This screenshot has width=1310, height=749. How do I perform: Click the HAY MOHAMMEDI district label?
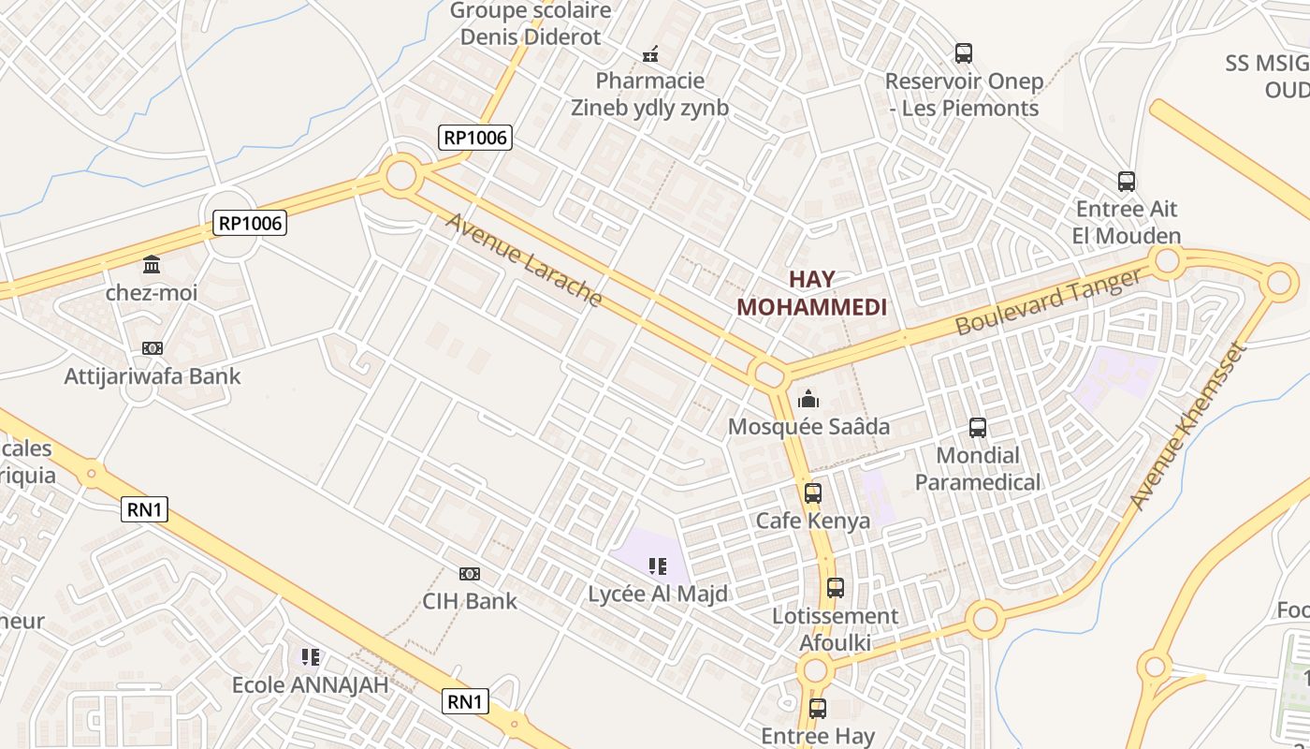coord(811,293)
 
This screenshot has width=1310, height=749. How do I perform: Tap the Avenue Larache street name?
coord(523,259)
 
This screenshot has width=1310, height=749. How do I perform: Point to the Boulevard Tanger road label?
coord(1049,301)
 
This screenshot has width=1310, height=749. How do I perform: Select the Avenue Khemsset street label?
coord(1187,427)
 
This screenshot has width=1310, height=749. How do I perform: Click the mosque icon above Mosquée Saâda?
coord(808,400)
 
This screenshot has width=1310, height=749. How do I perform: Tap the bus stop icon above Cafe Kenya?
coord(813,492)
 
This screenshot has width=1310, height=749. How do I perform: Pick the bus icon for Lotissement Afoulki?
coord(836,588)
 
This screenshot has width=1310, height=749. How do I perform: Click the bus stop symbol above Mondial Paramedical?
coord(978,428)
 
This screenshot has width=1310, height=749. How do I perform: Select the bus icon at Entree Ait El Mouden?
coord(1127,182)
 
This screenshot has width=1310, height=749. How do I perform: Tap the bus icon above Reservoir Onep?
coord(964,53)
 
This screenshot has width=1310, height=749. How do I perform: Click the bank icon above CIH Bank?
coord(470,573)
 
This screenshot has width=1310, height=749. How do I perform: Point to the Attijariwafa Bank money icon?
coord(153,348)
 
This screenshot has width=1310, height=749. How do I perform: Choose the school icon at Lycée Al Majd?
coord(658,565)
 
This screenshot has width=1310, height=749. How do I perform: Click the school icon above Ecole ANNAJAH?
coord(311,657)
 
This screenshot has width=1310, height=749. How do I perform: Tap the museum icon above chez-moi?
coord(152,265)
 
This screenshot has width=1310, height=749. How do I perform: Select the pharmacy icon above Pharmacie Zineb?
coord(650,54)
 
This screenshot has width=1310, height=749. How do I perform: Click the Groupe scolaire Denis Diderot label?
coord(531,24)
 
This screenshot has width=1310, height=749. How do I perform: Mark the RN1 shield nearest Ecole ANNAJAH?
coord(465,700)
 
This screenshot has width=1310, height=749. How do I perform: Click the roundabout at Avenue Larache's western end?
coord(400,175)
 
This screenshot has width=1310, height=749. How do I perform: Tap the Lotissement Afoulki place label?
coord(835,629)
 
